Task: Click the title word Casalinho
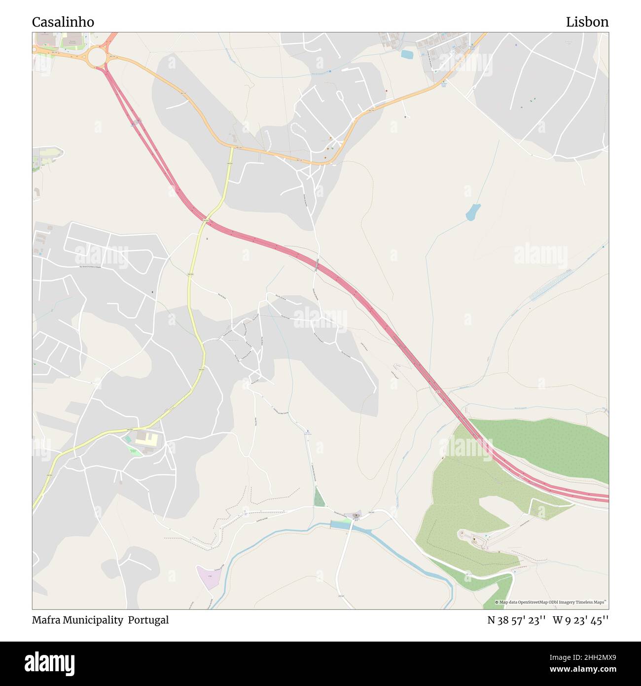(63, 22)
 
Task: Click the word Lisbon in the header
(587, 22)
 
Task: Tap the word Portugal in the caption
(148, 620)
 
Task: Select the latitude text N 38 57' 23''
(516, 620)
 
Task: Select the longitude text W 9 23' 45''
(580, 620)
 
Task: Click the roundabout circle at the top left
(98, 57)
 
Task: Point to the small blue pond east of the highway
(473, 212)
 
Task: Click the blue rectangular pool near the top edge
(407, 54)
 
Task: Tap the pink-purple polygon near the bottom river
(207, 577)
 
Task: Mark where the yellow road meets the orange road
(233, 147)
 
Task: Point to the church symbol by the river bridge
(356, 515)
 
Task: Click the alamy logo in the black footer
(49, 663)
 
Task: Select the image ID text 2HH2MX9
(587, 657)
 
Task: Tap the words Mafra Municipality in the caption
(77, 620)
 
